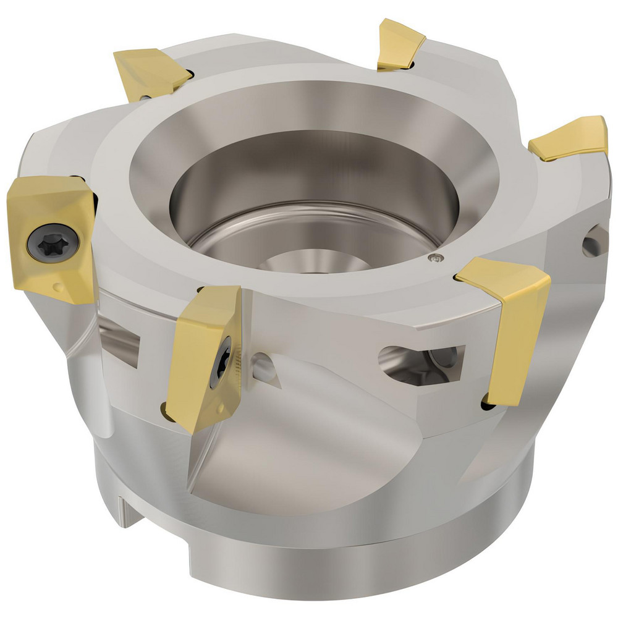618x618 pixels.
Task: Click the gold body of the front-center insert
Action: click(x=198, y=352)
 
